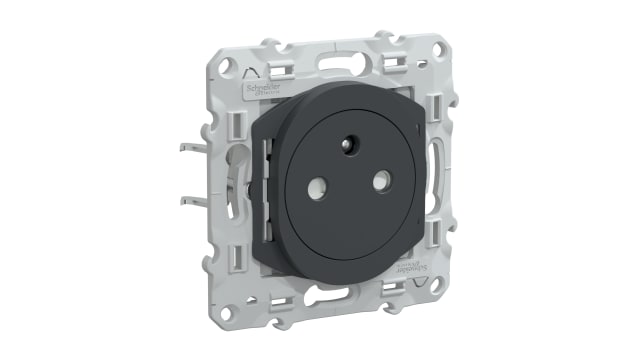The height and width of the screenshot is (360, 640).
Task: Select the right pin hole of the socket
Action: coord(381,181)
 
